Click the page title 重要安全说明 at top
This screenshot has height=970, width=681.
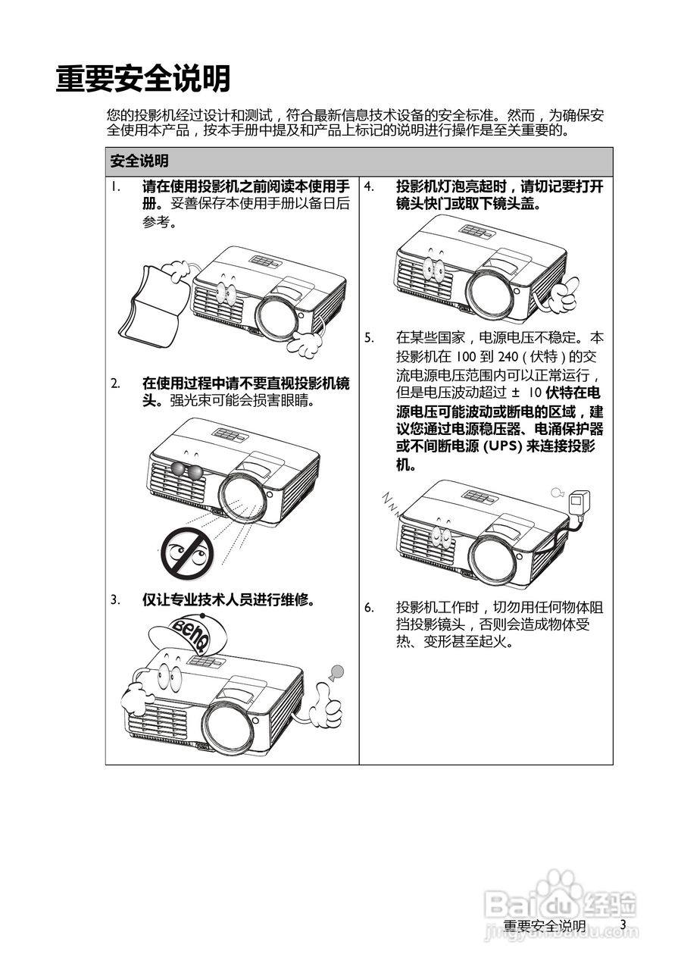click(143, 80)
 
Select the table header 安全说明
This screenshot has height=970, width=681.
click(139, 161)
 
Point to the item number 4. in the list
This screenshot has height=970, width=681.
click(369, 186)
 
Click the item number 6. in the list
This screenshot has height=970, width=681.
click(369, 607)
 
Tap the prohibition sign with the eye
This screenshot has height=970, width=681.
click(186, 550)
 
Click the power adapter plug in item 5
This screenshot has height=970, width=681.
click(580, 500)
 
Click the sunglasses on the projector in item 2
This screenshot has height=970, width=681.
click(186, 471)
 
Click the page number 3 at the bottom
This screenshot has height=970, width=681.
click(623, 925)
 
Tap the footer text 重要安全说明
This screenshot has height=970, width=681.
click(544, 926)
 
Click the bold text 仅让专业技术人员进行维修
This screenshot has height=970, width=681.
click(228, 600)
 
